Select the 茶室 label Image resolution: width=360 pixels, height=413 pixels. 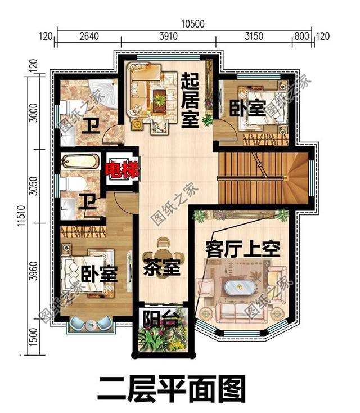pos(162,268)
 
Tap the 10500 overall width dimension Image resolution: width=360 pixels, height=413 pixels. pos(192,23)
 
